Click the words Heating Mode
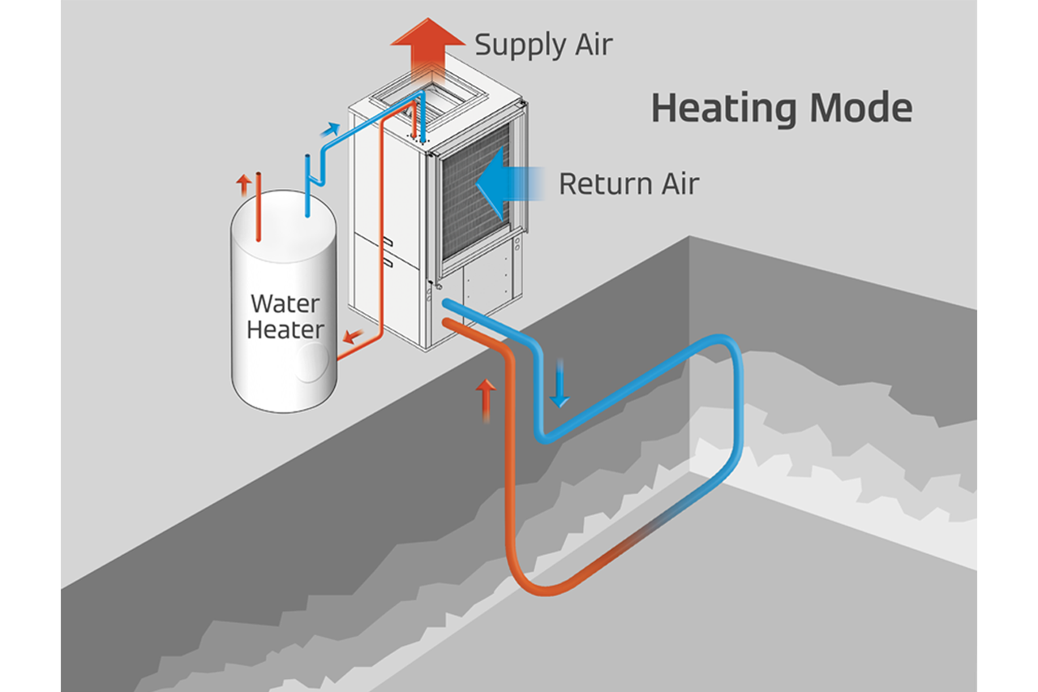tap(782, 108)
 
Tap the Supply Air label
tap(543, 44)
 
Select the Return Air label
tap(628, 183)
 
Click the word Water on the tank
tap(285, 304)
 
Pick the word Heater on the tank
tap(285, 330)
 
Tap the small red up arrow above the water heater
tap(243, 183)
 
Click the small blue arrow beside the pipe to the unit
tap(331, 129)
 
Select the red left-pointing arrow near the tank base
tap(351, 333)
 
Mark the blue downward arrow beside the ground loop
tap(559, 390)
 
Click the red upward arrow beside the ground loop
tap(485, 397)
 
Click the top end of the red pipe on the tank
tap(259, 175)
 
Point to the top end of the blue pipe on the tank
tap(307, 157)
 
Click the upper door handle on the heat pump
tap(388, 241)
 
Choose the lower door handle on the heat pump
tap(388, 261)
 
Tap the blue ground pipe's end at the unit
tap(448, 303)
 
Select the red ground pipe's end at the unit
tap(446, 322)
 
